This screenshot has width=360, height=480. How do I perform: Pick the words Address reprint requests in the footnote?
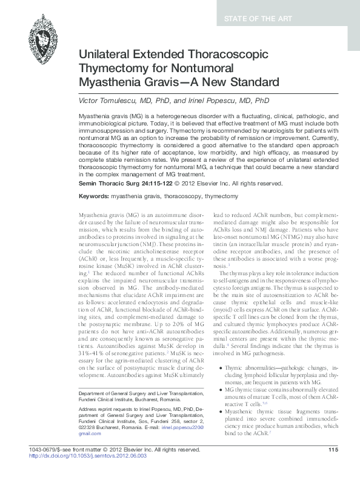[105, 409]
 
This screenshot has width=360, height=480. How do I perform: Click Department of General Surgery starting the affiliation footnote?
[112, 393]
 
